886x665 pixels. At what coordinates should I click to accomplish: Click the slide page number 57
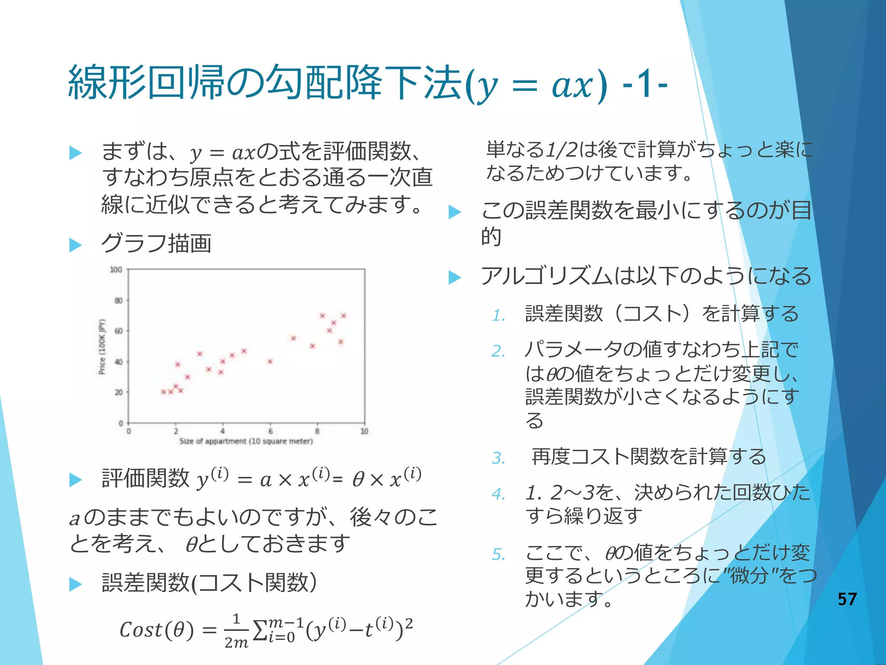pos(847,599)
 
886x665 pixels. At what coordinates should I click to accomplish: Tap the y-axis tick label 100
pos(116,270)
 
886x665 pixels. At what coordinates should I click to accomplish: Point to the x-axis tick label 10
pos(364,431)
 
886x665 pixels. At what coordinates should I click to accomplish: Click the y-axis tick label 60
pos(118,331)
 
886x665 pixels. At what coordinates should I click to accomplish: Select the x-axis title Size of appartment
pos(246,441)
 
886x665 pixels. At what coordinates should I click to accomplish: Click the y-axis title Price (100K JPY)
pos(102,346)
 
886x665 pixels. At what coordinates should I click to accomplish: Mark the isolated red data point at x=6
pos(270,361)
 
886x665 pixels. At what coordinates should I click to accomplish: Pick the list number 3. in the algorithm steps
pos(498,458)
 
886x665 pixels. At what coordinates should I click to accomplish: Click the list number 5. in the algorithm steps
pos(498,554)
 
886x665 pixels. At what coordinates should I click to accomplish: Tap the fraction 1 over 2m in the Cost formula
pos(236,630)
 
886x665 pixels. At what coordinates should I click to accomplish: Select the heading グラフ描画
pos(156,243)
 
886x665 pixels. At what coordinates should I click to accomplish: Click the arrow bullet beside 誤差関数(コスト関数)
pos(76,584)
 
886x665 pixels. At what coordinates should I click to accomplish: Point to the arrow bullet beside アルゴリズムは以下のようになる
pos(455,277)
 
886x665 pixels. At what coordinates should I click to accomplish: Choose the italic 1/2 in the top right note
pos(561,150)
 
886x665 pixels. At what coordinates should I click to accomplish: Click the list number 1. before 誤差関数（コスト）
pos(498,315)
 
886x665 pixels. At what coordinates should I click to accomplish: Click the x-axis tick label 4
pos(222,431)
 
